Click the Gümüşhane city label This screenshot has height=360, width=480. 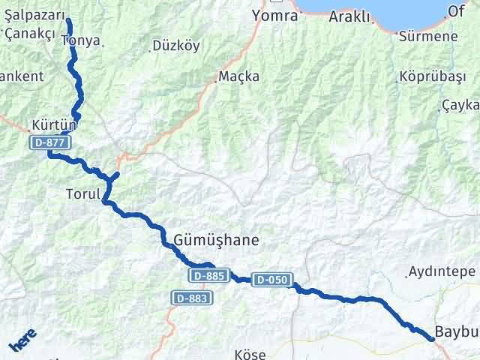tap(216, 241)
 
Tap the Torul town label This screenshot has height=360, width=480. tap(82, 193)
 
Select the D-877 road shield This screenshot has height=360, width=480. tap(47, 142)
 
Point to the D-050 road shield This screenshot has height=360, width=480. tap(271, 279)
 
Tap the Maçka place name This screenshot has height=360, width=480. tap(239, 76)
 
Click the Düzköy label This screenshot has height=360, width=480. tap(175, 46)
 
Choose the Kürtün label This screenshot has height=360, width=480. tap(50, 124)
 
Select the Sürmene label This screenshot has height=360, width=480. tap(429, 36)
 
